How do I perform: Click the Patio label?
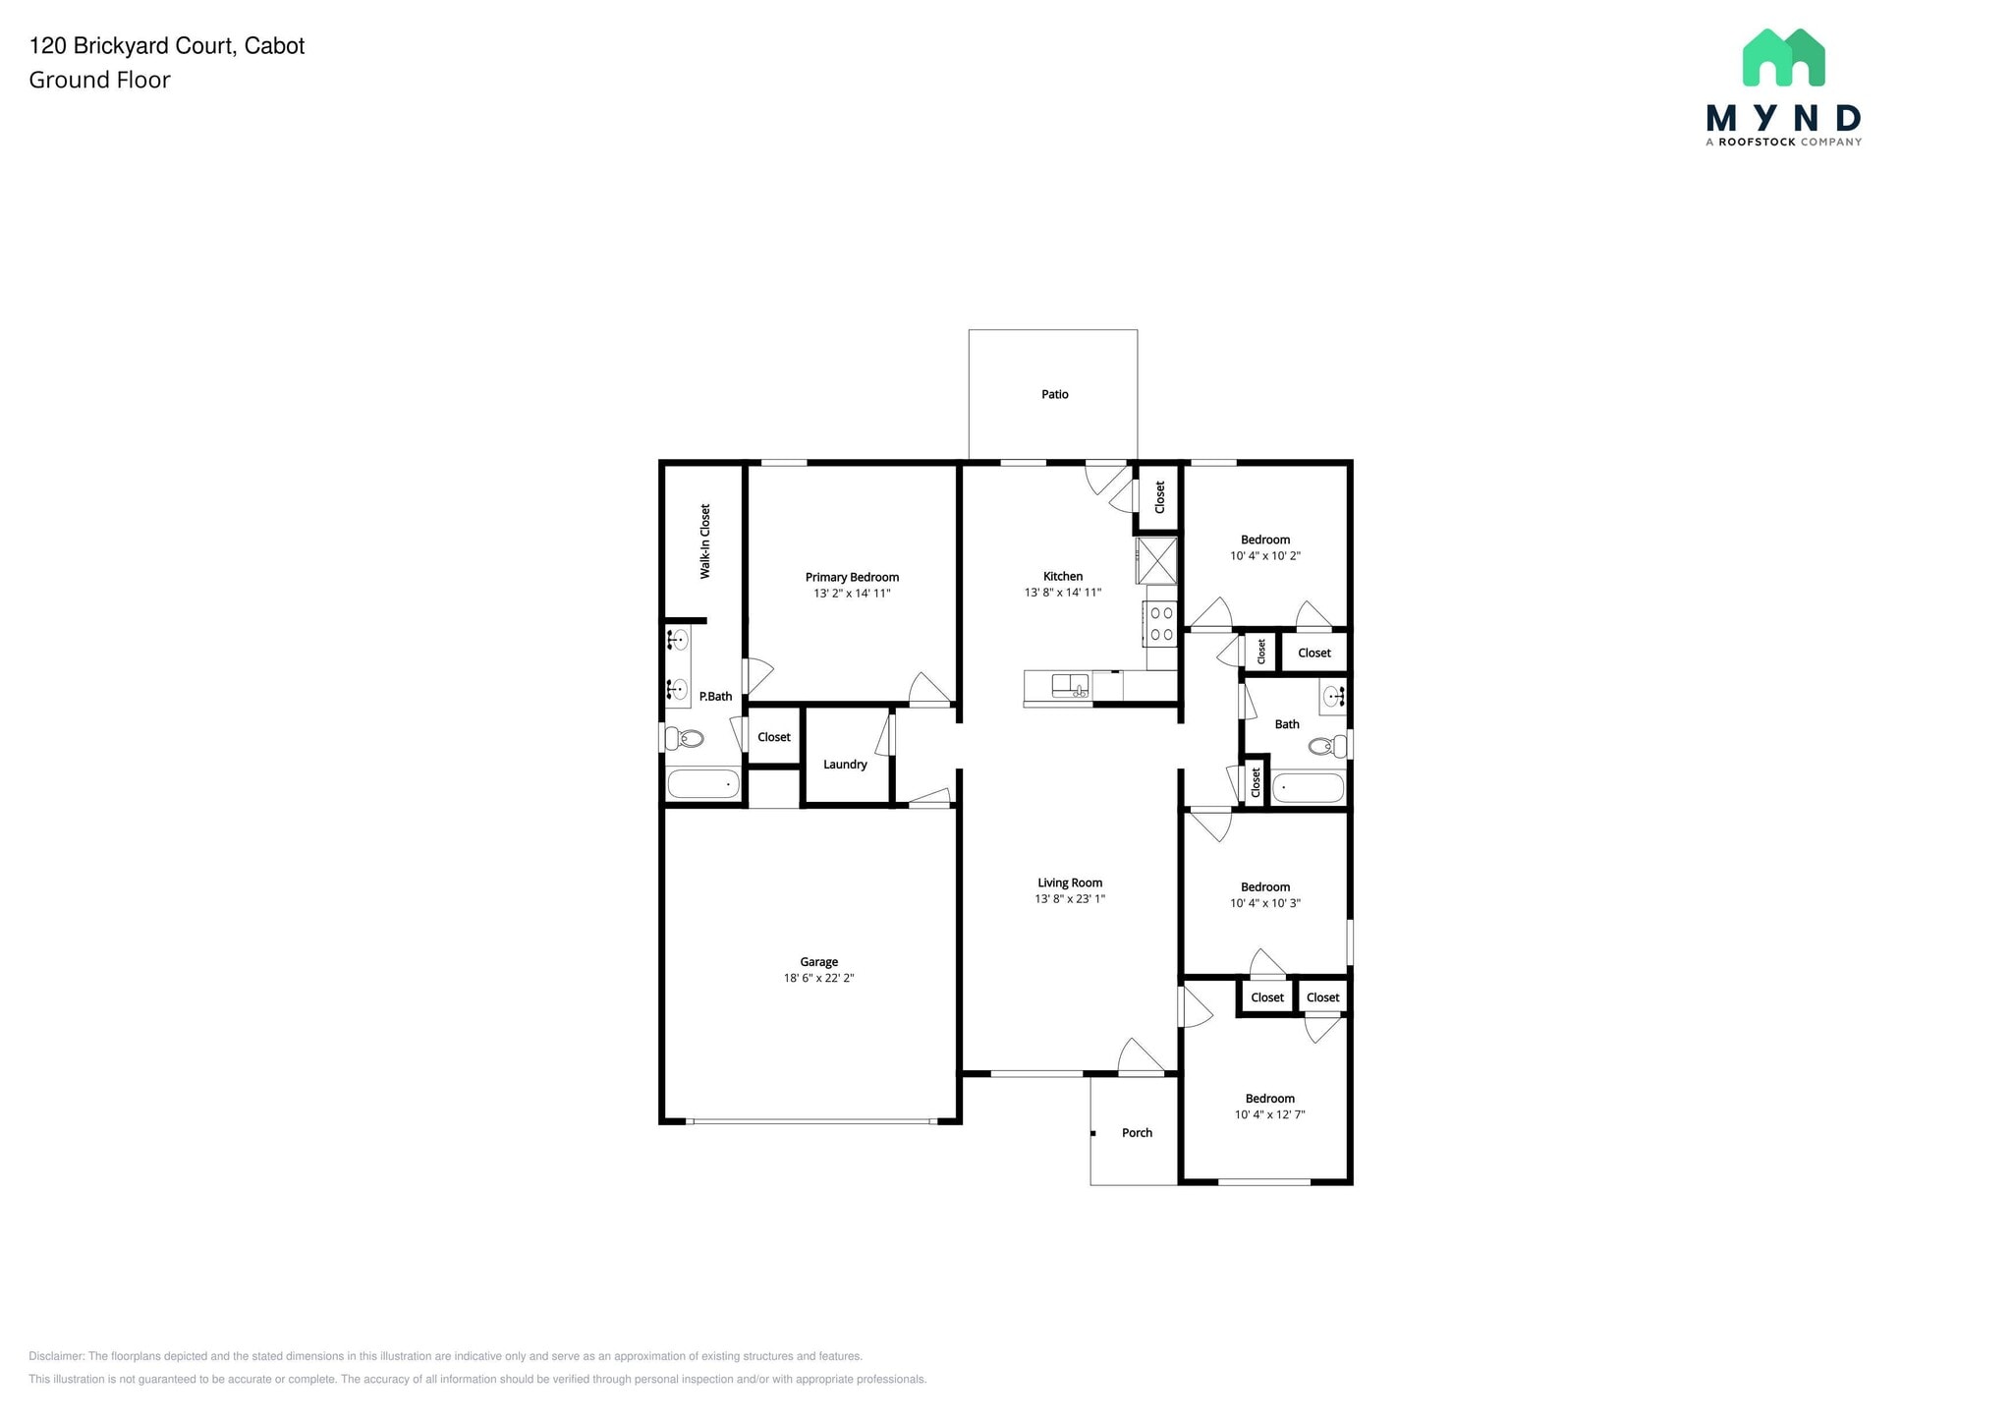click(x=1054, y=394)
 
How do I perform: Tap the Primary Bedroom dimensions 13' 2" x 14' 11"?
click(x=851, y=594)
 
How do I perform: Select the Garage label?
click(x=818, y=962)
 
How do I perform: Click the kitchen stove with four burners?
click(x=1161, y=623)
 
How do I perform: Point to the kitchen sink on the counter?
click(x=1070, y=685)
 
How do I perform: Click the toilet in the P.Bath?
click(x=684, y=738)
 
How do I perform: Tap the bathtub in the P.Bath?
click(x=703, y=784)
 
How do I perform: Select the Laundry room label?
click(x=845, y=765)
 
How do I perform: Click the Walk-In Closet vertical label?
click(x=704, y=541)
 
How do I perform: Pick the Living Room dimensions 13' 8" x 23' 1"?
click(x=1070, y=899)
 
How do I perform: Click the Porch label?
click(x=1137, y=1133)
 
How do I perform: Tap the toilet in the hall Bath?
click(x=1328, y=747)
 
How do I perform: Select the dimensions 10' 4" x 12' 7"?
click(x=1269, y=1114)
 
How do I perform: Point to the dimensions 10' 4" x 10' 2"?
click(x=1264, y=556)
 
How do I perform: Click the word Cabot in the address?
click(x=274, y=46)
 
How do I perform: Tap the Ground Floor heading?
click(x=99, y=81)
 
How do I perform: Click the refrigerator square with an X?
click(x=1156, y=561)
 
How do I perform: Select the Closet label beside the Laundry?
click(x=774, y=737)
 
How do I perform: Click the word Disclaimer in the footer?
click(x=56, y=1356)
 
